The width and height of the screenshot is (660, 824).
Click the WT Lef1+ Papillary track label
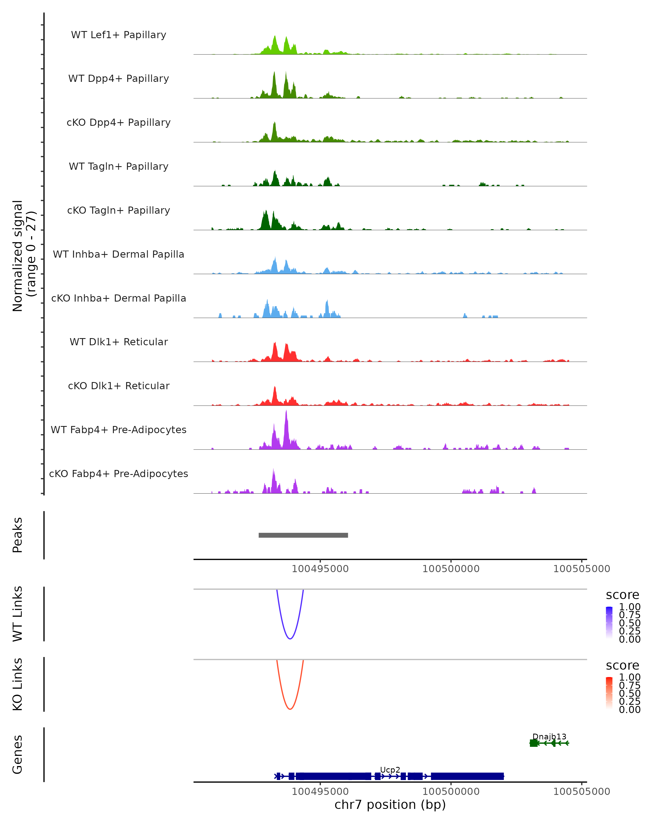119,35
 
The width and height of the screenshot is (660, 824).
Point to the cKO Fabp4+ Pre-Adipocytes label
119,474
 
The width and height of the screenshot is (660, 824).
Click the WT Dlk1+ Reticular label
119,342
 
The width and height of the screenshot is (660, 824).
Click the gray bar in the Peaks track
303,535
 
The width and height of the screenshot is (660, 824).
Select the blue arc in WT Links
290,638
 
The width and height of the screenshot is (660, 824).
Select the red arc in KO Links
290,709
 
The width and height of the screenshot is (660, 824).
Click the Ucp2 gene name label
390,770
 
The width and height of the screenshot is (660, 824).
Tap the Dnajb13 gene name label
549,737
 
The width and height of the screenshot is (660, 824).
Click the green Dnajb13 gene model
549,743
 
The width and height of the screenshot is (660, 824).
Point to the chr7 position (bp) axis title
390,804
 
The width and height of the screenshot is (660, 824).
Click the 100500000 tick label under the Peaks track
451,569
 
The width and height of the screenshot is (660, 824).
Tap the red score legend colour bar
609,693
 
